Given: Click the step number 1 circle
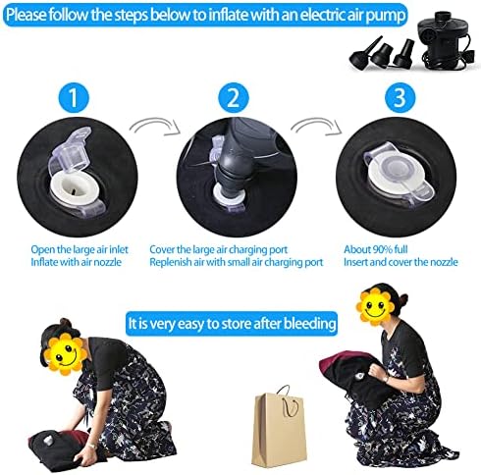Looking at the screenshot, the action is (74, 97).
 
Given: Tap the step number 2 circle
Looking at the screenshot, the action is (234, 97).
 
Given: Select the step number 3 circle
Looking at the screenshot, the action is (400, 97).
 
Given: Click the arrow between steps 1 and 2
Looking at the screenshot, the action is (155, 127).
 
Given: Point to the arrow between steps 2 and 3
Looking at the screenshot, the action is (316, 127).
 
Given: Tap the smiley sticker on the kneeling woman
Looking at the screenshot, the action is (65, 354).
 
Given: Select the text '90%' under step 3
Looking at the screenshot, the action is (383, 249).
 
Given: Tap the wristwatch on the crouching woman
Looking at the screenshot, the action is (387, 379).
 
